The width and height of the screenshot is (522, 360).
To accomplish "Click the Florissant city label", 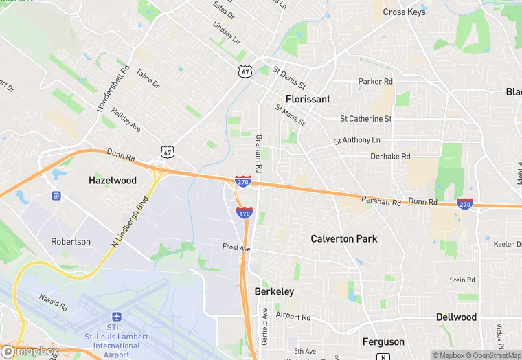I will pyautogui.click(x=308, y=99).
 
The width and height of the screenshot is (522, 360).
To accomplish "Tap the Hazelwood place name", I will pyautogui.click(x=113, y=181).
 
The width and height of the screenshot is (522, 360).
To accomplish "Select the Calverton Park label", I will pyautogui.click(x=344, y=239).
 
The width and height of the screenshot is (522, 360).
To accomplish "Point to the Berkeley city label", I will pyautogui.click(x=274, y=291).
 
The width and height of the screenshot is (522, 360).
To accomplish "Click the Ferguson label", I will pyautogui.click(x=383, y=341).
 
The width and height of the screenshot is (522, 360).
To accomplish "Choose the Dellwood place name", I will pyautogui.click(x=456, y=317).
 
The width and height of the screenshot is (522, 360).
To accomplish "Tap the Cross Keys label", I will pyautogui.click(x=404, y=12).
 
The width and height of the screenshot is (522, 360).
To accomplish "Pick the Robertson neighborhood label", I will pyautogui.click(x=71, y=242).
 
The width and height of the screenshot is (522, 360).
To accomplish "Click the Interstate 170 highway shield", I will pyautogui.click(x=244, y=212).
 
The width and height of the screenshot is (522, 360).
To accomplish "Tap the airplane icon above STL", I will pyautogui.click(x=115, y=317).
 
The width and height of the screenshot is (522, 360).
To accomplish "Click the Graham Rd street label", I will pyautogui.click(x=259, y=153).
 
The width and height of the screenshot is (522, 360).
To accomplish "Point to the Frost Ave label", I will pyautogui.click(x=236, y=247).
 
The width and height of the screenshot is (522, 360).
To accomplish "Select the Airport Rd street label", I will pyautogui.click(x=293, y=317).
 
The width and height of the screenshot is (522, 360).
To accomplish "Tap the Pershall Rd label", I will pyautogui.click(x=381, y=201).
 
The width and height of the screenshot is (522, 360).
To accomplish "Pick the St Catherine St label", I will pyautogui.click(x=366, y=119).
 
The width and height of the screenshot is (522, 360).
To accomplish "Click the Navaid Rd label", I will pyautogui.click(x=52, y=300).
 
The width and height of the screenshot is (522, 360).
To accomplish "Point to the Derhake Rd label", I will pyautogui.click(x=390, y=157).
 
